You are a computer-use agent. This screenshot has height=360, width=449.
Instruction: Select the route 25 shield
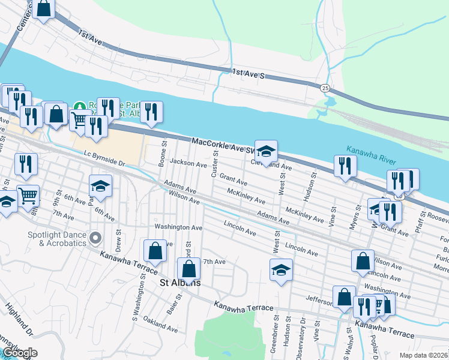(324, 88)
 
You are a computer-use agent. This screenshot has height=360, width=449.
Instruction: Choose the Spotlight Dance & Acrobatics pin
(95, 239)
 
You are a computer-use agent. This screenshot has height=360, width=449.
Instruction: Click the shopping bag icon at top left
(44, 9)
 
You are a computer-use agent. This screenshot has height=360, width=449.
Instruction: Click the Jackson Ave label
(188, 163)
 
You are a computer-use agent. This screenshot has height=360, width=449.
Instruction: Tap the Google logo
(19, 353)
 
